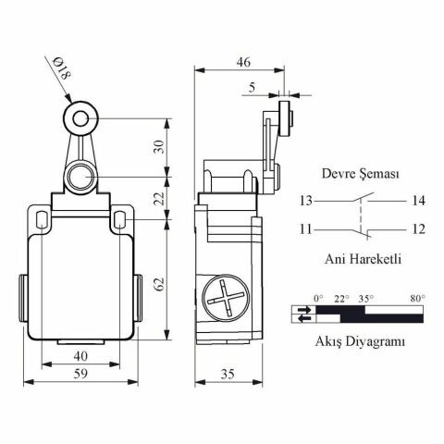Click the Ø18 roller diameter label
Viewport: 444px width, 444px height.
tap(62, 69)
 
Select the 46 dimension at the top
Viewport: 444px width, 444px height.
tap(243, 62)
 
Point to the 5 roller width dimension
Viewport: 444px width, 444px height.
tap(253, 88)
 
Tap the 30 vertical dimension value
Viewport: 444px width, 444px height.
tap(159, 147)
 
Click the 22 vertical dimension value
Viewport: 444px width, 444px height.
tap(159, 199)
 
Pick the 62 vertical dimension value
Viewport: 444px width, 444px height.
tap(159, 284)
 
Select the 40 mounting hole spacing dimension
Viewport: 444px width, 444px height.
tap(80, 356)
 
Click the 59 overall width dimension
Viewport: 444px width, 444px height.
tap(80, 374)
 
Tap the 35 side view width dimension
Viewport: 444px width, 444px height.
tap(228, 374)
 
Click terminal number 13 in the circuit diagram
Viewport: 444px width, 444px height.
tap(306, 201)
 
